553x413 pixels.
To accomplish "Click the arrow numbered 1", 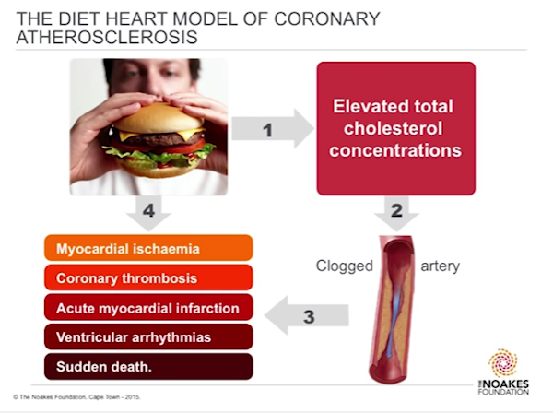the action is click(x=272, y=129).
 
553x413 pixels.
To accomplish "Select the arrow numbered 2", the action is click(x=396, y=213).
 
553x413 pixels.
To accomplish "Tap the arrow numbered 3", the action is click(x=306, y=315).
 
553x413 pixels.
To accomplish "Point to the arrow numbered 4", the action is click(x=148, y=213).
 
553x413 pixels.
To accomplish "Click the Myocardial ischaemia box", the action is click(x=148, y=248).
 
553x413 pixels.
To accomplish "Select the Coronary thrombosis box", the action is click(x=148, y=277).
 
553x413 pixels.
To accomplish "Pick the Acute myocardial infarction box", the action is click(x=148, y=307).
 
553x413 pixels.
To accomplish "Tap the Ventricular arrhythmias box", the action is click(x=148, y=336).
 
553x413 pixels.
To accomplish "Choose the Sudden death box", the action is click(x=148, y=366).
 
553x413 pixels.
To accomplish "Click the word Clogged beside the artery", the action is click(x=344, y=266).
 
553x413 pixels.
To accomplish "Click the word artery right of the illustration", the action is click(x=441, y=266).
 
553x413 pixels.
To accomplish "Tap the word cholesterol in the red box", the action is click(x=393, y=128).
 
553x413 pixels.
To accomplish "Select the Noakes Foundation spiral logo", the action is click(x=502, y=363).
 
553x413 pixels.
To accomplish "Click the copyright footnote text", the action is click(x=76, y=397).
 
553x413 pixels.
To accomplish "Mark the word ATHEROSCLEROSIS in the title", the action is click(x=107, y=38).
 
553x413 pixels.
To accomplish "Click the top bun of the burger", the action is click(x=158, y=118).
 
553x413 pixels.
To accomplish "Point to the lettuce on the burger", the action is click(x=157, y=156).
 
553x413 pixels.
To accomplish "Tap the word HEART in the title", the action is click(x=136, y=18).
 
